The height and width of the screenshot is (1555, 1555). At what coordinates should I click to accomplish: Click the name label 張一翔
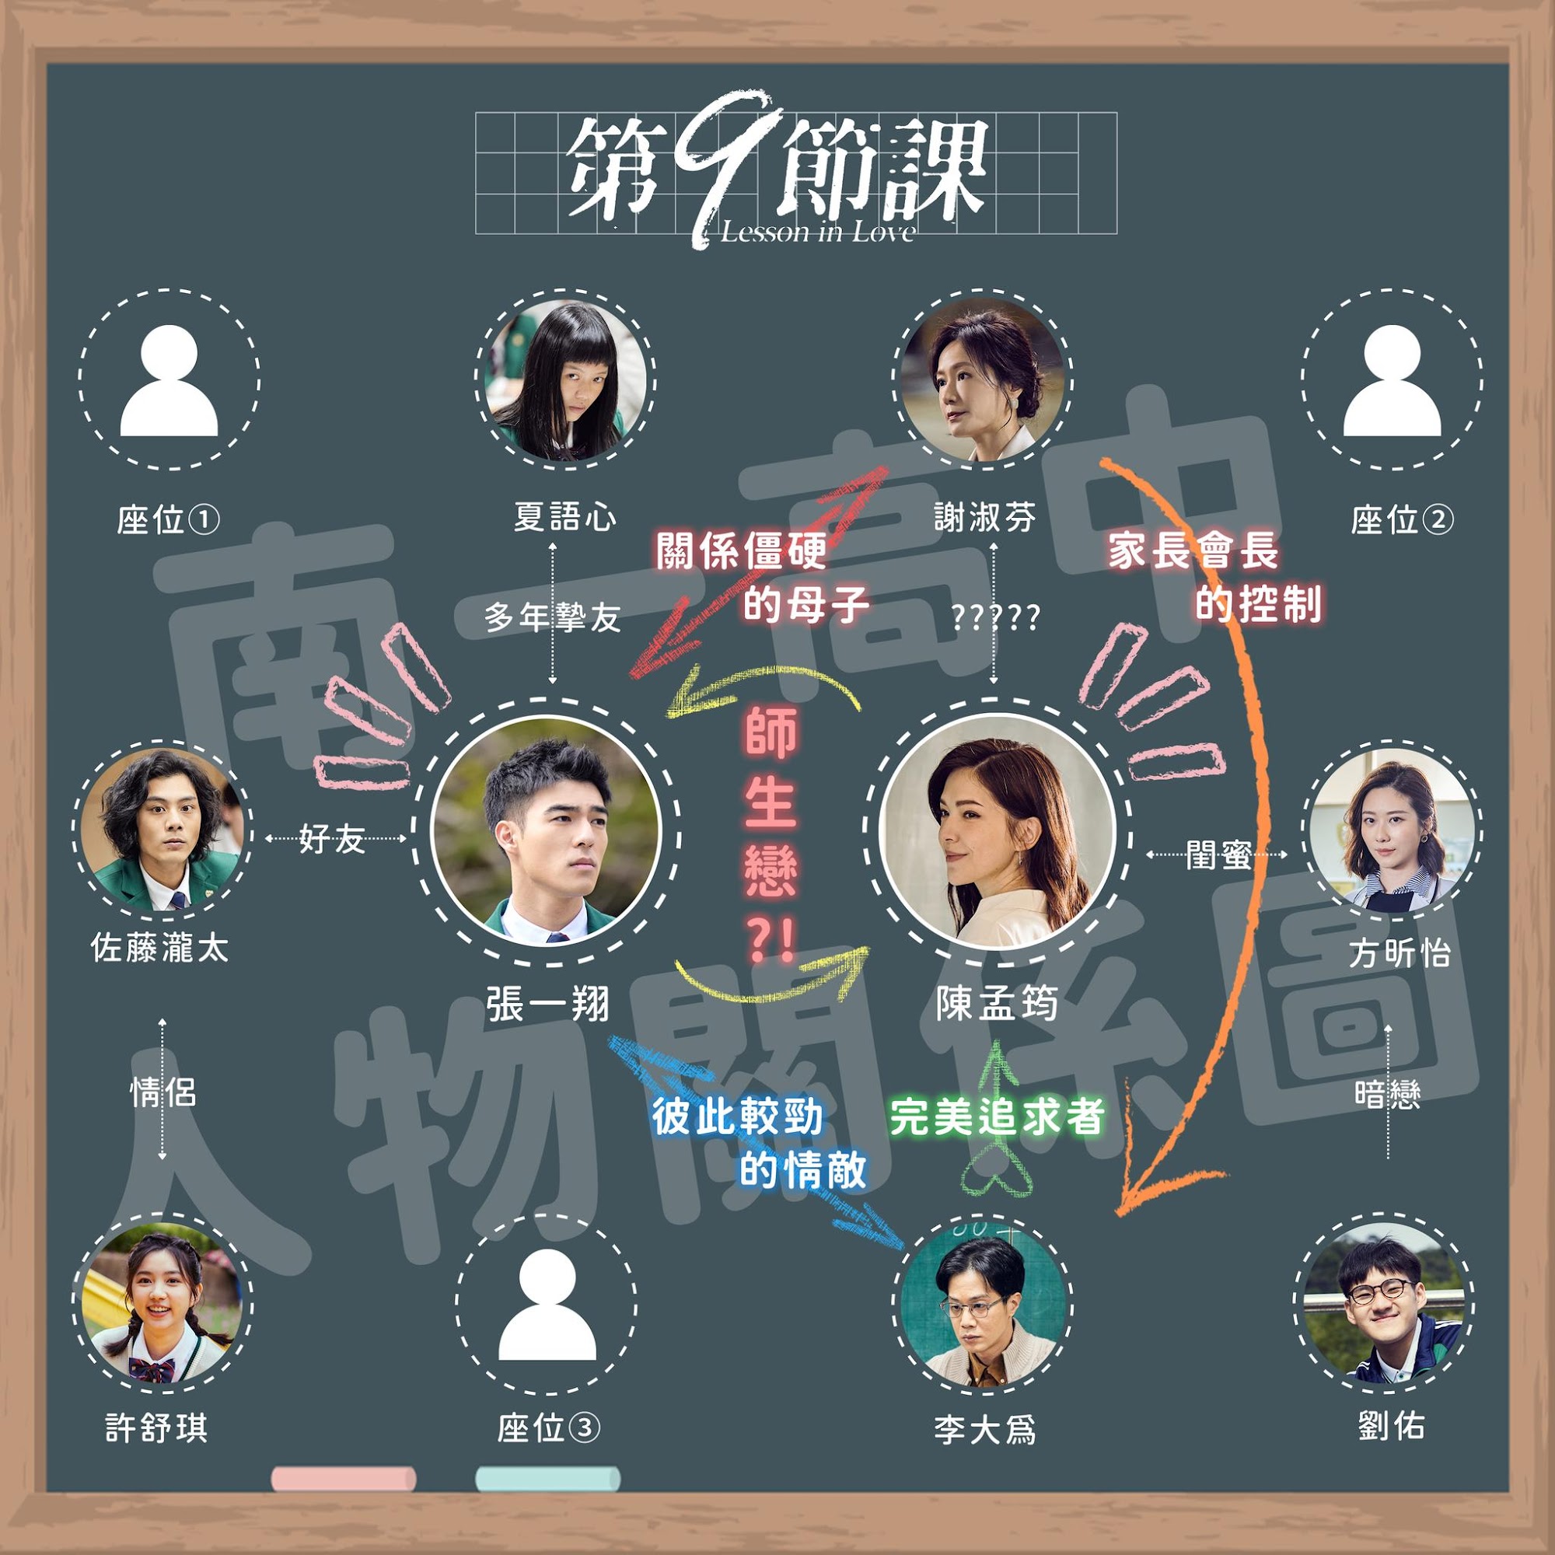tap(548, 1005)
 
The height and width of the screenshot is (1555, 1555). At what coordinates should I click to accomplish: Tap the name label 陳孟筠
tap(997, 1005)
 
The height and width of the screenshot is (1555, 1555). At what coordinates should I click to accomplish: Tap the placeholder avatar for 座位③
tap(547, 1305)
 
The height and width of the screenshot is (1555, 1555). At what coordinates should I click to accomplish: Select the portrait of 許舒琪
tap(164, 1305)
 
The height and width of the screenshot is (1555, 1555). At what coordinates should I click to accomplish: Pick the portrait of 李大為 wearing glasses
tap(983, 1305)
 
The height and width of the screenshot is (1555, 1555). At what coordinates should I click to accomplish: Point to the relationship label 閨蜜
tap(1218, 855)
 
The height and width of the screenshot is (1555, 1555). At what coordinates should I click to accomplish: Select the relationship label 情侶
tap(162, 1094)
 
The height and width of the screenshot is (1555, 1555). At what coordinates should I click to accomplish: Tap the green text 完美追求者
tap(997, 1117)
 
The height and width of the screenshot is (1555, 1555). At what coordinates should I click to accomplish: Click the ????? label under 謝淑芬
tap(996, 618)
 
